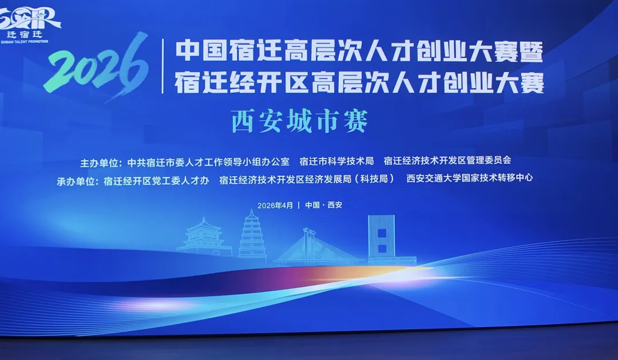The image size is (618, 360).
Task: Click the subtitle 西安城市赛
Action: coord(299,121)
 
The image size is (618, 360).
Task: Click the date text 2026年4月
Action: coord(275,205)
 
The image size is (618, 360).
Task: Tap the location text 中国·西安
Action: coord(323,205)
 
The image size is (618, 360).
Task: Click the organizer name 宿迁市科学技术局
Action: coord(336,161)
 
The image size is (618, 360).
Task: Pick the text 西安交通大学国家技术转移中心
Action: coord(469,178)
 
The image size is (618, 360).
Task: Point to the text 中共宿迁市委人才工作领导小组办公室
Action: coord(208,161)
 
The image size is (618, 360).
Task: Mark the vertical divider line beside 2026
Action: coord(163,66)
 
